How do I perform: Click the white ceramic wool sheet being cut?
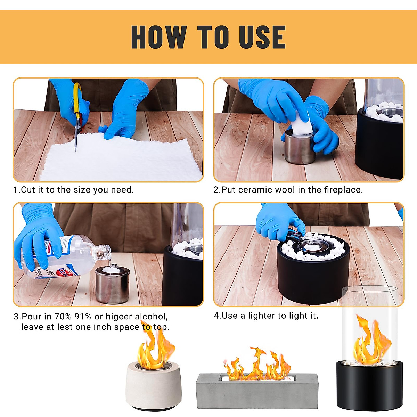(122, 160)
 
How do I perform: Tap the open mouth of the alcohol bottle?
(108, 251)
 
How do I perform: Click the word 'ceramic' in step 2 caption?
(255, 190)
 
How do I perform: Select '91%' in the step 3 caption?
(83, 317)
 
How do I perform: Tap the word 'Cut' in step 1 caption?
(28, 190)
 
